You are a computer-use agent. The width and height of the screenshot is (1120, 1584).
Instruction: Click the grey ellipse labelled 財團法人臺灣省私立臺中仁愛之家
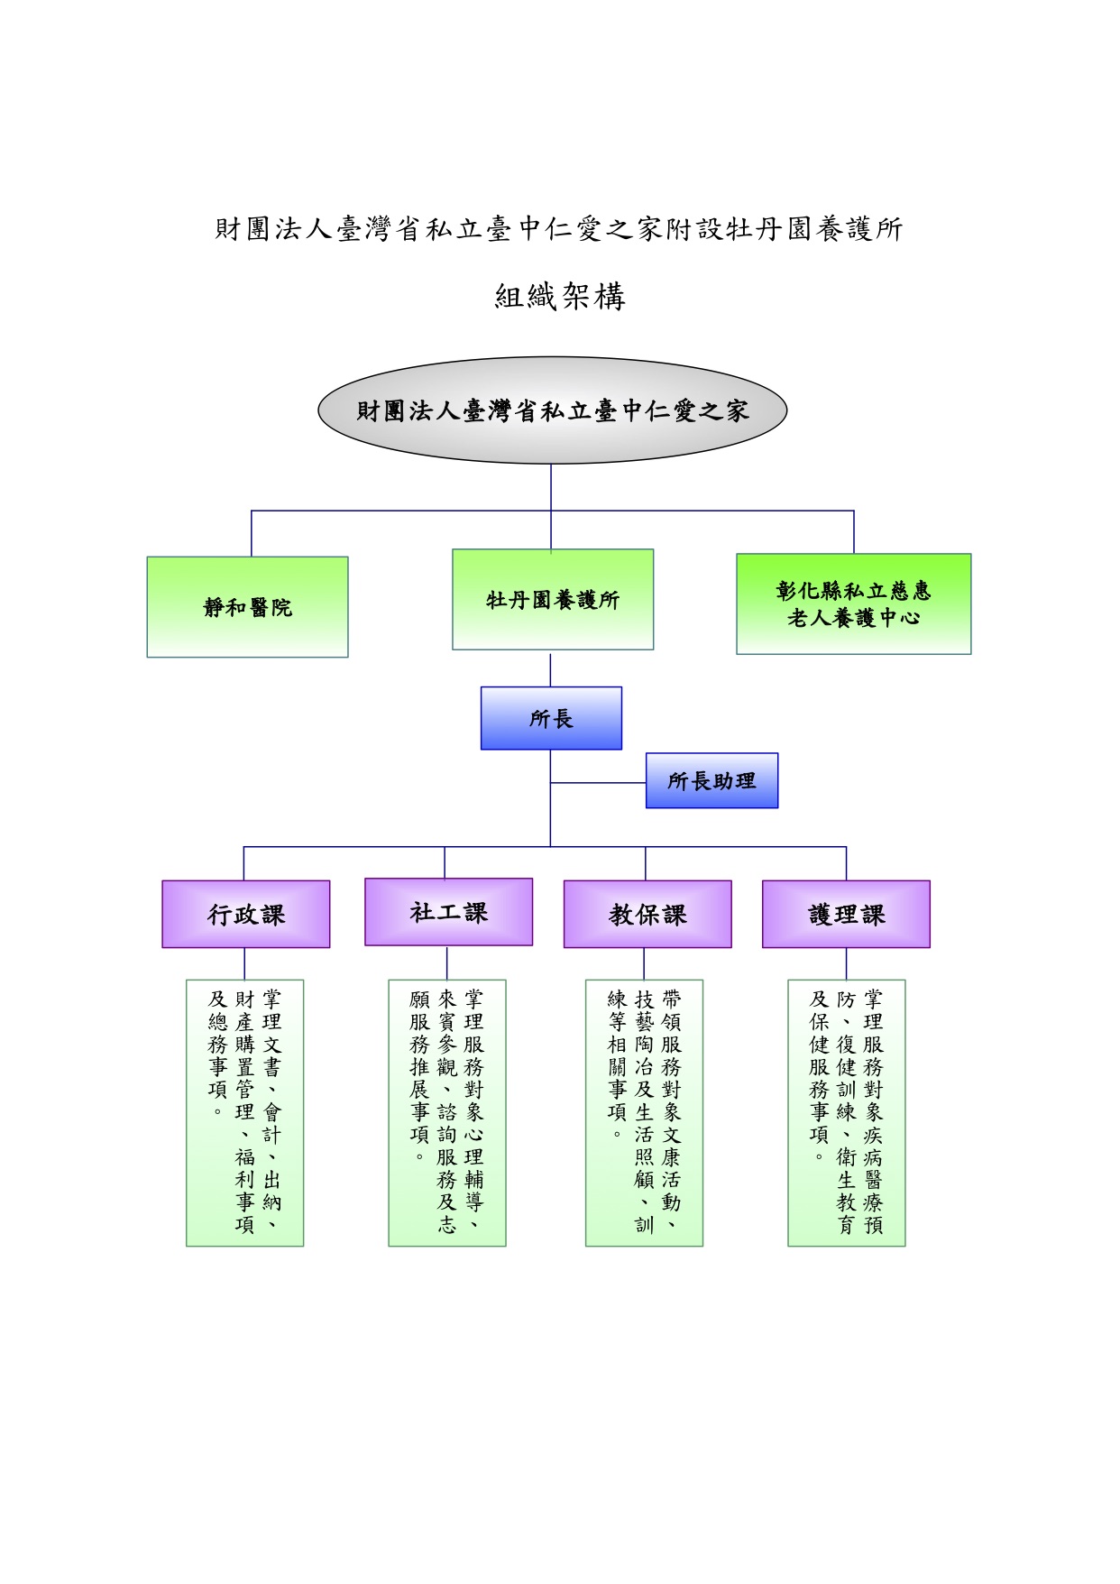point(552,410)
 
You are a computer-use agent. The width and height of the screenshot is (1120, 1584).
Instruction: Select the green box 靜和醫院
point(247,606)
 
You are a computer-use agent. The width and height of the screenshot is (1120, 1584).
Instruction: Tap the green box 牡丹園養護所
point(553,599)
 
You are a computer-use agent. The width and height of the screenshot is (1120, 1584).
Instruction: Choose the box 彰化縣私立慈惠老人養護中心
point(853,603)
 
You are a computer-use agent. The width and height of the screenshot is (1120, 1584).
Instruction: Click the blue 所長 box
point(551,718)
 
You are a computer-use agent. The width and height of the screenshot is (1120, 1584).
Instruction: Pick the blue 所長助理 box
point(711,780)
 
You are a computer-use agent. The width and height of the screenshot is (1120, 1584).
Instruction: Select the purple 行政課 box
point(246,914)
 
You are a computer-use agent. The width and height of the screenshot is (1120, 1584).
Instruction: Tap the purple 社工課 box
point(448,912)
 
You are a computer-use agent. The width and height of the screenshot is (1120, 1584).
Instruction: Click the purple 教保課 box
point(647,914)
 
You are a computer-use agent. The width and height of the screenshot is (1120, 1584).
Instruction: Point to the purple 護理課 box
point(846,914)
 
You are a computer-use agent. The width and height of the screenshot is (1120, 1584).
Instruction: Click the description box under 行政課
point(244,1113)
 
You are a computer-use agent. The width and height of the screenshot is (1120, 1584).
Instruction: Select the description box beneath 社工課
point(447,1113)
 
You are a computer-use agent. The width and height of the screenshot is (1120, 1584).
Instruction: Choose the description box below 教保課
point(644,1113)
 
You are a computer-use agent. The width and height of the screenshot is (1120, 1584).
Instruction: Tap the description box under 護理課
point(847,1113)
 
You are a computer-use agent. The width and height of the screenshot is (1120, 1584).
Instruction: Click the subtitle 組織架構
point(560,296)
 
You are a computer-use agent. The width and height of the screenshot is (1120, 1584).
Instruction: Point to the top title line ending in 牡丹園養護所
point(559,229)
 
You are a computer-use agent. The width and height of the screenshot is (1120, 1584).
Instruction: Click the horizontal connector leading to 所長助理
point(598,783)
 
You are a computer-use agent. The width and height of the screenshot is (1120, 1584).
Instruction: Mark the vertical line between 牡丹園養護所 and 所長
point(550,669)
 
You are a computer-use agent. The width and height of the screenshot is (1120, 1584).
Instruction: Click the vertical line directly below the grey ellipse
point(551,507)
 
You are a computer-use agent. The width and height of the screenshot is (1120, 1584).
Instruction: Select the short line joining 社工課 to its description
point(447,963)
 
